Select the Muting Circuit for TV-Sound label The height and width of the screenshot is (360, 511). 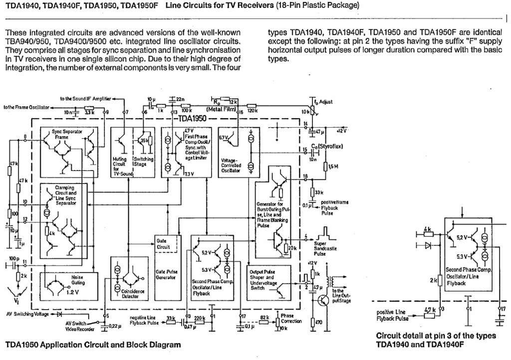[119, 166]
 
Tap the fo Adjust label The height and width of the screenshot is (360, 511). [324, 102]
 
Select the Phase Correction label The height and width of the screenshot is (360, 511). [291, 318]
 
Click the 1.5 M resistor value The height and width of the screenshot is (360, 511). [333, 167]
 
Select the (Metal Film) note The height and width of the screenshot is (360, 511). [221, 109]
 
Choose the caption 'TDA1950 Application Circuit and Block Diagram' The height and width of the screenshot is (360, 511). [93, 345]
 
